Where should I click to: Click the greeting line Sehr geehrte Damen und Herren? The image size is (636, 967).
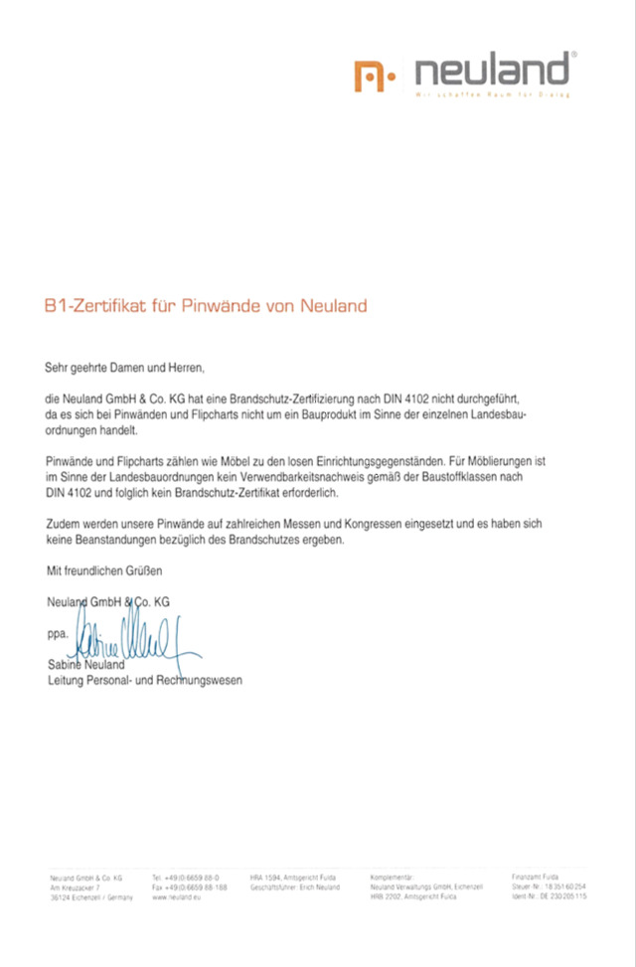(x=124, y=369)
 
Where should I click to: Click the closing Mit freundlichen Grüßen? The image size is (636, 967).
(x=103, y=571)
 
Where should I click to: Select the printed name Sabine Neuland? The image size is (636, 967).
(x=85, y=664)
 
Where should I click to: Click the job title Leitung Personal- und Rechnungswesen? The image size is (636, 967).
(x=144, y=680)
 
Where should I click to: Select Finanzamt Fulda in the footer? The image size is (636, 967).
(x=535, y=878)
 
